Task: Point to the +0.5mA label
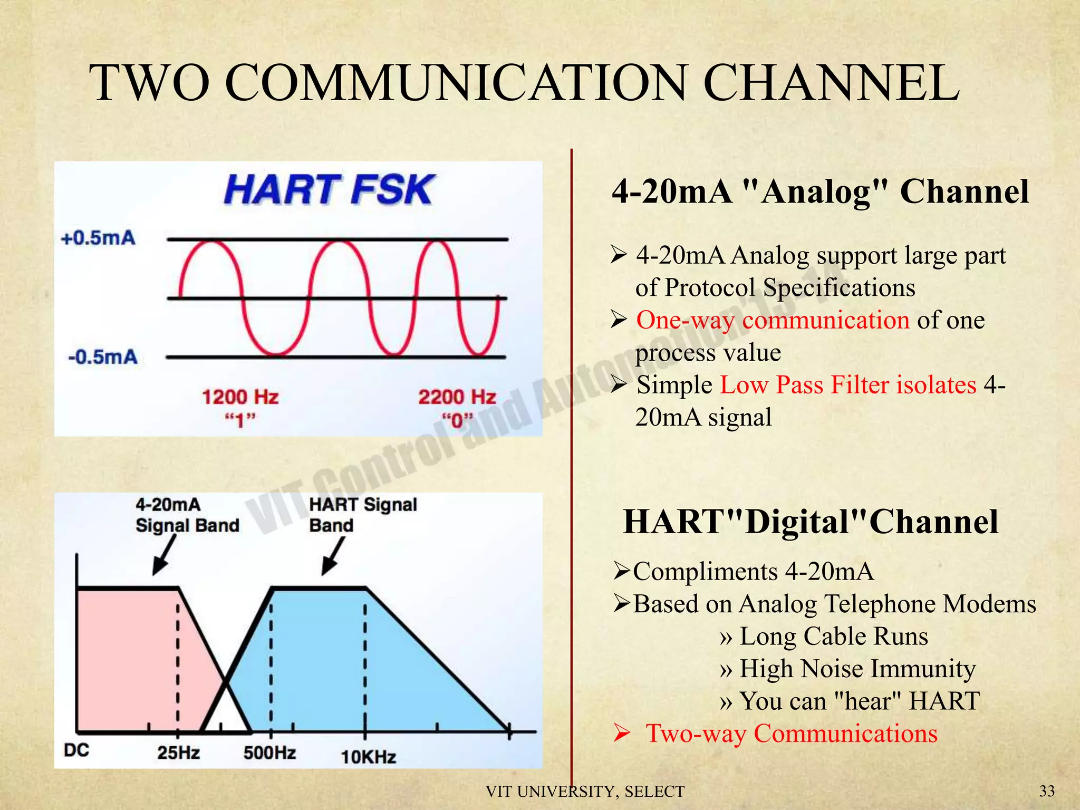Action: tap(99, 238)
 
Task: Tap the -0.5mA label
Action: tap(103, 357)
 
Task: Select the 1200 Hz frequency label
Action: tap(240, 397)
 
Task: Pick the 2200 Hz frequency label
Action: tap(457, 397)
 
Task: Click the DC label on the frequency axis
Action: tap(76, 750)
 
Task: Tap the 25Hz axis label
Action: tap(178, 753)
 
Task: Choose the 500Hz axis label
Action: tap(269, 753)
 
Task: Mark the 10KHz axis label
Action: tap(369, 757)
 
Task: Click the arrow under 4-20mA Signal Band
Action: tap(163, 557)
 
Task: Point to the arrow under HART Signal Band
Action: tap(333, 557)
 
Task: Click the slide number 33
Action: tap(1047, 791)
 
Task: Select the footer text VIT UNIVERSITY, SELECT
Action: tap(585, 792)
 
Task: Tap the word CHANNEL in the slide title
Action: tap(831, 83)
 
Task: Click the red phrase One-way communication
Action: tap(773, 320)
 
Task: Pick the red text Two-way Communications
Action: tap(792, 734)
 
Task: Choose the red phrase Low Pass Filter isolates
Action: tap(848, 385)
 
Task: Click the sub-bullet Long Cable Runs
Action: tap(833, 637)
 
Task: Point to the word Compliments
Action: tap(706, 572)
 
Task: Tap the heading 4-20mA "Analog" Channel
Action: tap(820, 191)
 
